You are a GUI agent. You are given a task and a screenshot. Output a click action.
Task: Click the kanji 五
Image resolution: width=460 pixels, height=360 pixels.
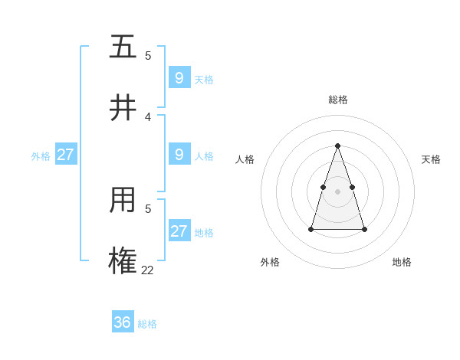tap(123, 47)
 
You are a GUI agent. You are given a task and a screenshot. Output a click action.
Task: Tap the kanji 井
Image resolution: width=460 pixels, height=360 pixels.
tap(123, 108)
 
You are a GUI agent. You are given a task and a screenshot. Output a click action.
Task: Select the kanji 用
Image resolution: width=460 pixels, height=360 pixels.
tap(123, 200)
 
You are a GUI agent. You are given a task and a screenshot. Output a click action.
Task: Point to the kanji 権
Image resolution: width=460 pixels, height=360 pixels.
tap(123, 261)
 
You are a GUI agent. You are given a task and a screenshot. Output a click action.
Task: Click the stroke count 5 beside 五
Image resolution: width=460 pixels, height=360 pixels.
tap(148, 55)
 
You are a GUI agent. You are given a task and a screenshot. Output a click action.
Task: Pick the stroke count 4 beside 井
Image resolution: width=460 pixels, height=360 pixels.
tap(148, 116)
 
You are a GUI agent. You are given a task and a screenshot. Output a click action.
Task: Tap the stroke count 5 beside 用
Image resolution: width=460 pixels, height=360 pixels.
tap(148, 208)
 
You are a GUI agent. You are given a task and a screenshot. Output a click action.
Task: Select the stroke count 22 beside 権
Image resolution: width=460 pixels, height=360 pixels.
tap(148, 270)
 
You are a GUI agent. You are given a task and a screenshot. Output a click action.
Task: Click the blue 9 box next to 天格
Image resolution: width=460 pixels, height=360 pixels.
tap(179, 77)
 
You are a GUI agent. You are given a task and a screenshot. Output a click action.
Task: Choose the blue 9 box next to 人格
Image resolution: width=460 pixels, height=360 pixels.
tap(179, 154)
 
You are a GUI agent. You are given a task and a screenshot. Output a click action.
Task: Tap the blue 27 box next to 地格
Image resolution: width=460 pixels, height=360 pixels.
tap(179, 231)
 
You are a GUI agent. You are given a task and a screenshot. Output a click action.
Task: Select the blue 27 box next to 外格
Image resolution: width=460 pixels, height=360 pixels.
tap(66, 154)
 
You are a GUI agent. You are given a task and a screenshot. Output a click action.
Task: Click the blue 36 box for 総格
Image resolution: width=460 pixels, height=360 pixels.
tap(123, 322)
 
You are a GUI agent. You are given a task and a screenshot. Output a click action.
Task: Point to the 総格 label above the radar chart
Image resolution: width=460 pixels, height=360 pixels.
tap(338, 100)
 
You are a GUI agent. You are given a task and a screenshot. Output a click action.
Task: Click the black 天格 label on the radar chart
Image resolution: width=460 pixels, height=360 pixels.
tap(431, 159)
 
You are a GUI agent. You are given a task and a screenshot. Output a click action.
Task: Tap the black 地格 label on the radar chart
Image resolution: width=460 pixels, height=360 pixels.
tap(402, 262)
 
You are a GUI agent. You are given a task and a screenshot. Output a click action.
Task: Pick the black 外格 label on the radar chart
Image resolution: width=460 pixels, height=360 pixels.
tap(270, 262)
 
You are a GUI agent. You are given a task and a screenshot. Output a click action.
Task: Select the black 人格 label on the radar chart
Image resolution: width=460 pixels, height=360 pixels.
tap(245, 159)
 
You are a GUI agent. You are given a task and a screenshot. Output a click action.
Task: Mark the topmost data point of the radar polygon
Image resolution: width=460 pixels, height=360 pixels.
tap(338, 146)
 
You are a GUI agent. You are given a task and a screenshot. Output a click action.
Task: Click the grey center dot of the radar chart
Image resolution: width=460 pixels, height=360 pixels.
tap(338, 191)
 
